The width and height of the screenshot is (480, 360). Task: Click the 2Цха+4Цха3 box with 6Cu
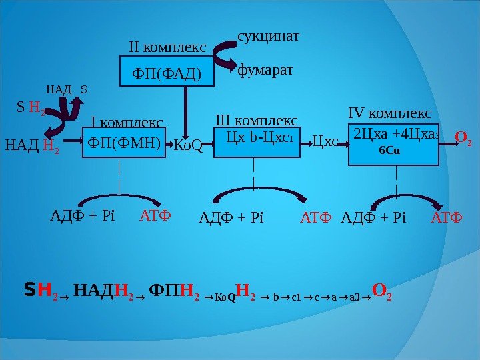coord(396,142)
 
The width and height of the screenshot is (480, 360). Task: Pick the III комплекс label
coord(257,120)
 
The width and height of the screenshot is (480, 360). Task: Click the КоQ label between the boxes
coord(187,145)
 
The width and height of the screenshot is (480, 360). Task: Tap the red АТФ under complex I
coord(155,216)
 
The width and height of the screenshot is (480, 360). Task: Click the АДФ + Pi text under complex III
coord(233,217)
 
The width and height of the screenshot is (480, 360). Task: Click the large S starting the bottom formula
coord(29,290)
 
